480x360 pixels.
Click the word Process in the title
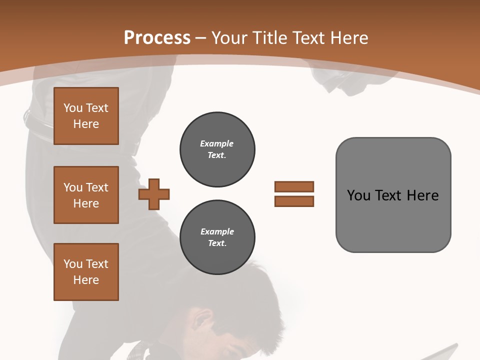pos(157,37)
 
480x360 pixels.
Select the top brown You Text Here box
pos(86,116)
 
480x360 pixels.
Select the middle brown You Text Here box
pos(86,195)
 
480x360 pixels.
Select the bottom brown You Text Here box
pos(86,271)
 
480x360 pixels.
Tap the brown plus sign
pos(154,194)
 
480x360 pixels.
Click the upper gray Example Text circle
pos(217,149)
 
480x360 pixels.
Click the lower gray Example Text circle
pos(217,237)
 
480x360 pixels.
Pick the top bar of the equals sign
pos(294,186)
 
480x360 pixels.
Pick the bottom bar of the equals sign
pos(294,201)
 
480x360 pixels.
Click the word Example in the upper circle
pos(217,143)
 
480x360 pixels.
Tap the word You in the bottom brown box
pos(72,263)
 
